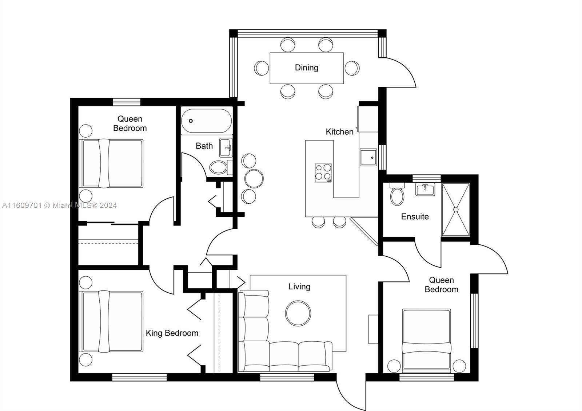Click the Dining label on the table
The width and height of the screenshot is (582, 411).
(307, 68)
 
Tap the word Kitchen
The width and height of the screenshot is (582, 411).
(340, 132)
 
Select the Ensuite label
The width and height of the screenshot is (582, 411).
(415, 216)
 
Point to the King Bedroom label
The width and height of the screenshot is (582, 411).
(172, 333)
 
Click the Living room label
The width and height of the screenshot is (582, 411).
(299, 286)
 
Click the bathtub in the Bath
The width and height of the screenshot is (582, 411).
(207, 121)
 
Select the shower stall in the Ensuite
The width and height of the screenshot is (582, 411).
(456, 209)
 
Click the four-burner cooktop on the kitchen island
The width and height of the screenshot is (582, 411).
(323, 173)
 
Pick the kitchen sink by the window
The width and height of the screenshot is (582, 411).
(368, 158)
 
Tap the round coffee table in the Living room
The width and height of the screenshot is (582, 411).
(298, 313)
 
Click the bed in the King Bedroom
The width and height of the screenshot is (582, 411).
(111, 322)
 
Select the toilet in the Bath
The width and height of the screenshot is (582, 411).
(220, 167)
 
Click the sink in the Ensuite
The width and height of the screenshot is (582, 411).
(425, 189)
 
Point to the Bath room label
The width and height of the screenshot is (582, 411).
(204, 146)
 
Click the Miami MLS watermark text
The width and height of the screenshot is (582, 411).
(60, 206)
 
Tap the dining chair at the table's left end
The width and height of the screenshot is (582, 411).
(262, 68)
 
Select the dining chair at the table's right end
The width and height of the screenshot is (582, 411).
(352, 68)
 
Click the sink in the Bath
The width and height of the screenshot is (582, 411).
(226, 148)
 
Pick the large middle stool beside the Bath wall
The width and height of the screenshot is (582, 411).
(254, 178)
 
